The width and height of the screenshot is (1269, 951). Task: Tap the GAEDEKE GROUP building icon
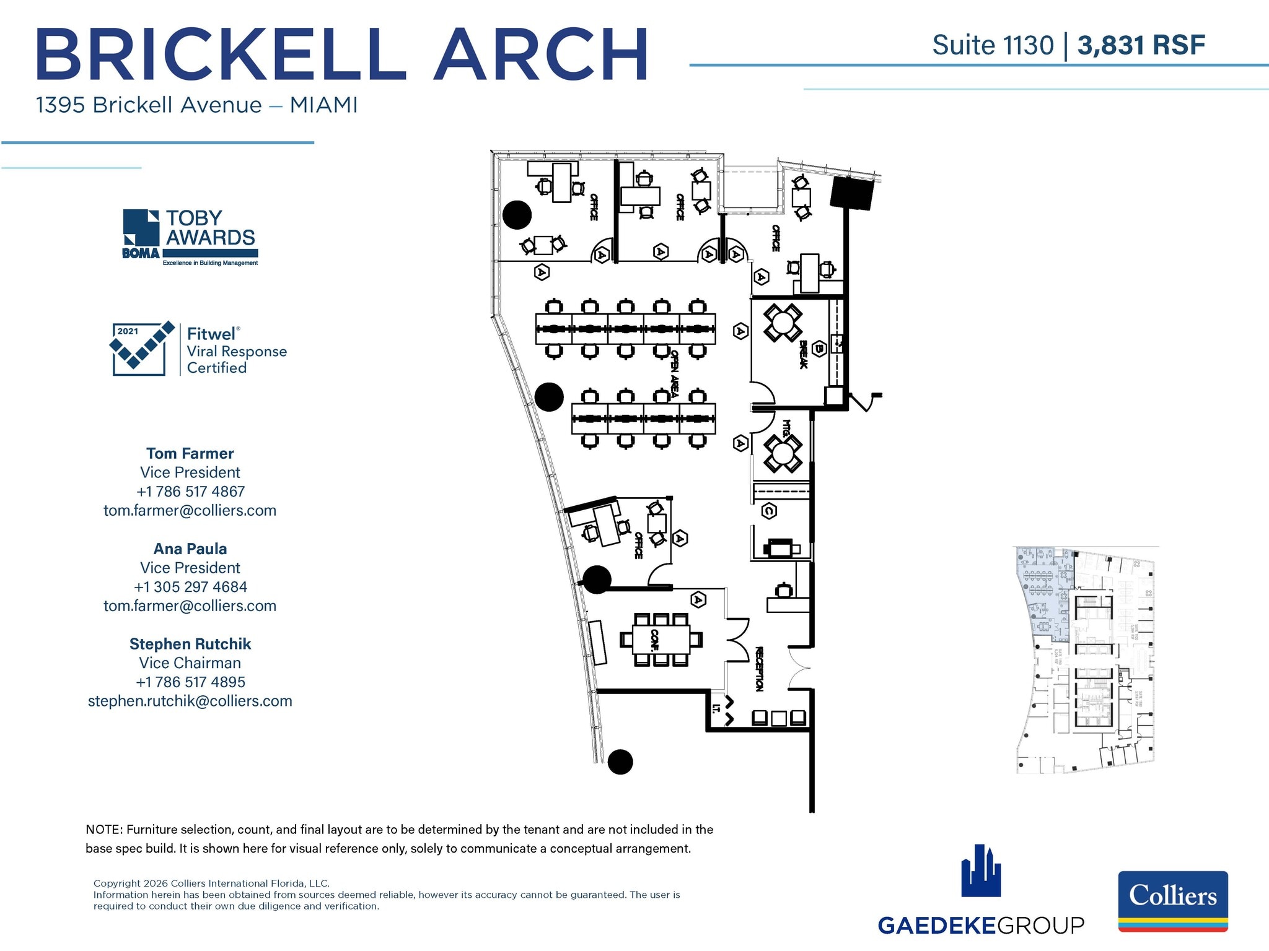981,871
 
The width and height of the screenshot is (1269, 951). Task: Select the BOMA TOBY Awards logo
190,238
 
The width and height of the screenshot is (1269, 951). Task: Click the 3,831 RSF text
1141,45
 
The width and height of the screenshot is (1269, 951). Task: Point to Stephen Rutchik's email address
190,701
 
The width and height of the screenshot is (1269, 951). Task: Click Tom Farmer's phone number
190,492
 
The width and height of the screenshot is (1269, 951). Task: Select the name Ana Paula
190,549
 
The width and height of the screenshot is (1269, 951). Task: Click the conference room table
661,640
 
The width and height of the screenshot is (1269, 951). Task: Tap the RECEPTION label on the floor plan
759,669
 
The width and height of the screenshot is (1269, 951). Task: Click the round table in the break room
783,323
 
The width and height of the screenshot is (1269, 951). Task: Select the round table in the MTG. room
783,454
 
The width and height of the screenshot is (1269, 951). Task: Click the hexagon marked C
769,511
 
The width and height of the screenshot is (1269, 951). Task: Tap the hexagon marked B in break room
819,349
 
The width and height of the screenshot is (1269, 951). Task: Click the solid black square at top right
852,193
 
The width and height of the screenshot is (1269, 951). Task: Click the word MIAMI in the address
323,105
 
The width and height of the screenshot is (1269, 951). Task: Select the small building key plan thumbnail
1085,660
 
